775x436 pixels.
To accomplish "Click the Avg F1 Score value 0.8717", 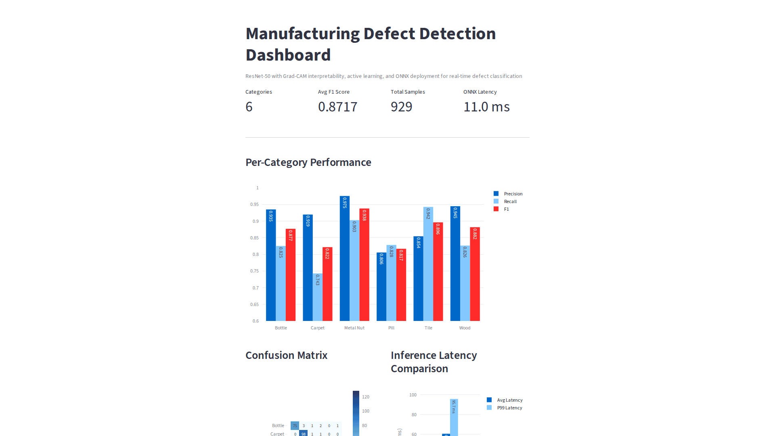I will coord(337,107).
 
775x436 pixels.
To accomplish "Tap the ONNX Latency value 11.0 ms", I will coord(486,107).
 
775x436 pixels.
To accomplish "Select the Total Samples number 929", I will coord(401,107).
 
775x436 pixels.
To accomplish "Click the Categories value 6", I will coord(249,107).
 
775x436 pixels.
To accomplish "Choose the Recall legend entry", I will coord(510,201).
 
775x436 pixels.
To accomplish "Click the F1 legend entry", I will coord(506,209).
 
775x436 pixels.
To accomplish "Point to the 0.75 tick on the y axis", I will coord(254,271).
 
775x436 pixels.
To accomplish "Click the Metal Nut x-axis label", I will coord(354,328).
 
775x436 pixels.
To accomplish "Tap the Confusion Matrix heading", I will coord(286,355).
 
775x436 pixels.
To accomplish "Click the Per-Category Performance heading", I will coord(308,162).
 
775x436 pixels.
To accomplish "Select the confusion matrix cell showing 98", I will coord(304,434).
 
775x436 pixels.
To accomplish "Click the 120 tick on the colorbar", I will coord(366,397).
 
